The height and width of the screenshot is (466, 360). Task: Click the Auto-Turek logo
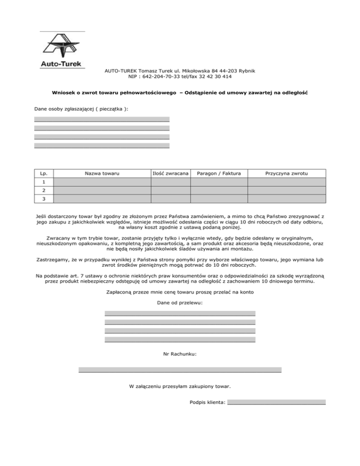coord(62,51)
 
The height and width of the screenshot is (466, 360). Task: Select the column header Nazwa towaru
coord(102,174)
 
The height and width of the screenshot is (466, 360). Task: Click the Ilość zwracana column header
coord(171,174)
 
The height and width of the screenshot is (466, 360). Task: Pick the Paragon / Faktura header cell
coord(219,174)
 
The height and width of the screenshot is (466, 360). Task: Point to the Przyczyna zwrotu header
coord(286,174)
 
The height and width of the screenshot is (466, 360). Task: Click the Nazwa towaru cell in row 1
coord(102,182)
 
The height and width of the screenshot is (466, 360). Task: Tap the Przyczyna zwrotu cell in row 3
coord(286,199)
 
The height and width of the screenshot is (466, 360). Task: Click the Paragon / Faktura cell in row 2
coord(219,191)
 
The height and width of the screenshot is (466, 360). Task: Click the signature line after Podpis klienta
coord(276,401)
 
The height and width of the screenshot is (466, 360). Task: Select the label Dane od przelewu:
coord(180,303)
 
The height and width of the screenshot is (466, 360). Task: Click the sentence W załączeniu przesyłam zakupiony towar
coord(180,387)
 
